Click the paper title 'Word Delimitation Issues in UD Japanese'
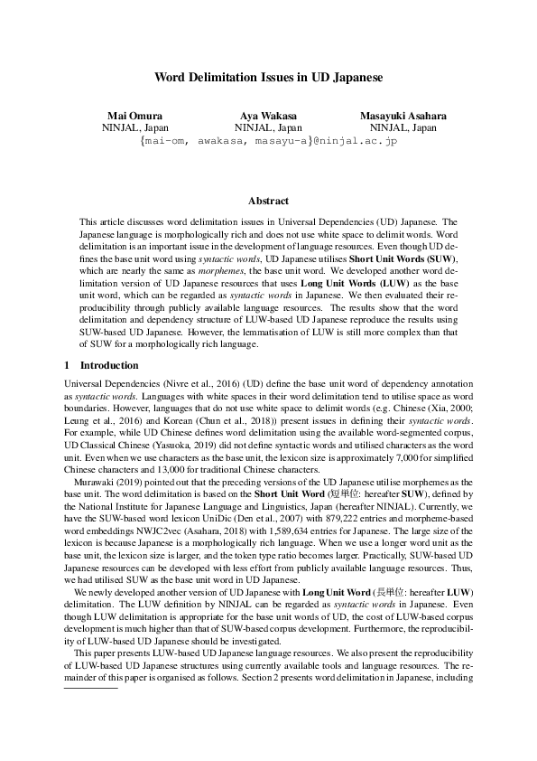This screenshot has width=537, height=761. click(268, 78)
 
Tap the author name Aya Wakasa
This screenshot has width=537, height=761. click(269, 117)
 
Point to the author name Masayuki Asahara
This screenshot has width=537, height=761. click(403, 117)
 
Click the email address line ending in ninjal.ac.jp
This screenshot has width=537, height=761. click(268, 141)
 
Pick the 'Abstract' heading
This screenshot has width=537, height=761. click(268, 201)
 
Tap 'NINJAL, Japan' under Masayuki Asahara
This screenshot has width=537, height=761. click(403, 128)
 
